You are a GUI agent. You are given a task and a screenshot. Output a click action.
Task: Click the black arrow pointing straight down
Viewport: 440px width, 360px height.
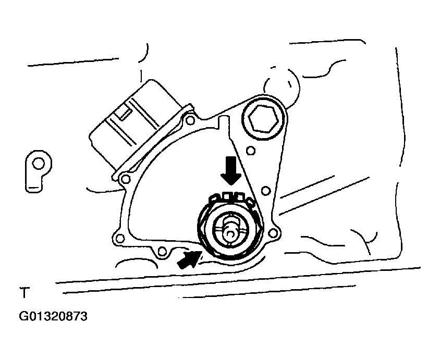pyautogui.click(x=231, y=170)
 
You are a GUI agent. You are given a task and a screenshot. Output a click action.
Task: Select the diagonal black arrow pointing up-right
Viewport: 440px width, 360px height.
pyautogui.click(x=189, y=259)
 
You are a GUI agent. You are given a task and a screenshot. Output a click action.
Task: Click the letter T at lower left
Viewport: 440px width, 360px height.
pyautogui.click(x=25, y=293)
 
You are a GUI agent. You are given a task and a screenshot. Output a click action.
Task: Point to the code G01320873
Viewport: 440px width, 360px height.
pyautogui.click(x=53, y=316)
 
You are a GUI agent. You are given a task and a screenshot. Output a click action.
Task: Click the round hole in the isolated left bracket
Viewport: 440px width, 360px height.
pyautogui.click(x=38, y=163)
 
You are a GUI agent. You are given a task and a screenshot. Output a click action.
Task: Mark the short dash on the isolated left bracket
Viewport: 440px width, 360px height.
pyautogui.click(x=34, y=187)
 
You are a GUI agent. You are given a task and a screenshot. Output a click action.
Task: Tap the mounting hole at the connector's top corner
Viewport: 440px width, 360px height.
pyautogui.click(x=190, y=120)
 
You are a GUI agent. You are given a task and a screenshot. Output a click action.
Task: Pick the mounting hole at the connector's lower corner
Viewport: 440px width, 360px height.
pyautogui.click(x=126, y=178)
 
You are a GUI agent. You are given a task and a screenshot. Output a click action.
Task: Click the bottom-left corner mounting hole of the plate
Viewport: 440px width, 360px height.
pyautogui.click(x=120, y=238)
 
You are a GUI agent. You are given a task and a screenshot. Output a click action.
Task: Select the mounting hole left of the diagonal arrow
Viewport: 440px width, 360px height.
pyautogui.click(x=162, y=251)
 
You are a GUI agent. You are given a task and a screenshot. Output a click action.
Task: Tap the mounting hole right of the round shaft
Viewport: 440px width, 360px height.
pyautogui.click(x=272, y=233)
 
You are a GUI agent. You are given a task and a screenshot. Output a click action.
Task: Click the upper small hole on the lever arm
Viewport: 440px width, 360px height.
pyautogui.click(x=251, y=151)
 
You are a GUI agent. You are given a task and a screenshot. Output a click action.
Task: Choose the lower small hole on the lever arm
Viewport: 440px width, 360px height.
pyautogui.click(x=265, y=191)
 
